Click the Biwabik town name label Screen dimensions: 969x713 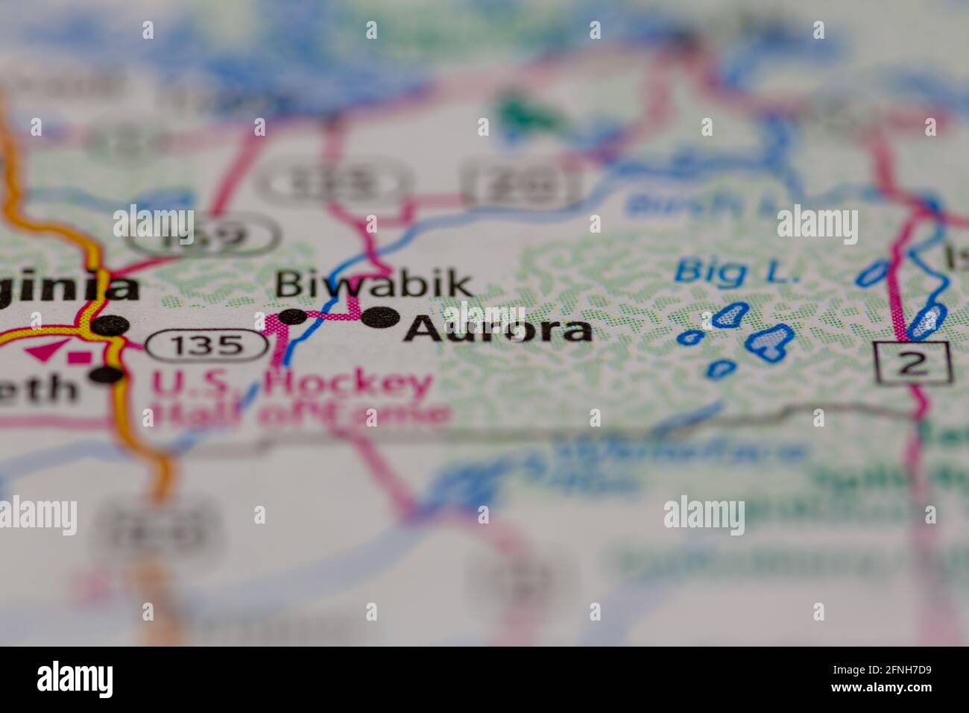(373, 284)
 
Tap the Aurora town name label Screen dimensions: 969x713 (498, 329)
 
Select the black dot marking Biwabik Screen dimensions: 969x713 (295, 316)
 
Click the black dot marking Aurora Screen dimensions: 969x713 (380, 318)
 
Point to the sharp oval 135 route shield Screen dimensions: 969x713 (206, 345)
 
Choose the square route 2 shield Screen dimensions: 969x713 (913, 362)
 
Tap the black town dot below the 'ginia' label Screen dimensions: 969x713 (113, 324)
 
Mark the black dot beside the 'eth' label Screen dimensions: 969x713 (107, 374)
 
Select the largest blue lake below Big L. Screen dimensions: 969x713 (769, 340)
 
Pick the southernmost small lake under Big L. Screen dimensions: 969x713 (720, 368)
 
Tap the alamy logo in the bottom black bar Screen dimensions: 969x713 (75, 679)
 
